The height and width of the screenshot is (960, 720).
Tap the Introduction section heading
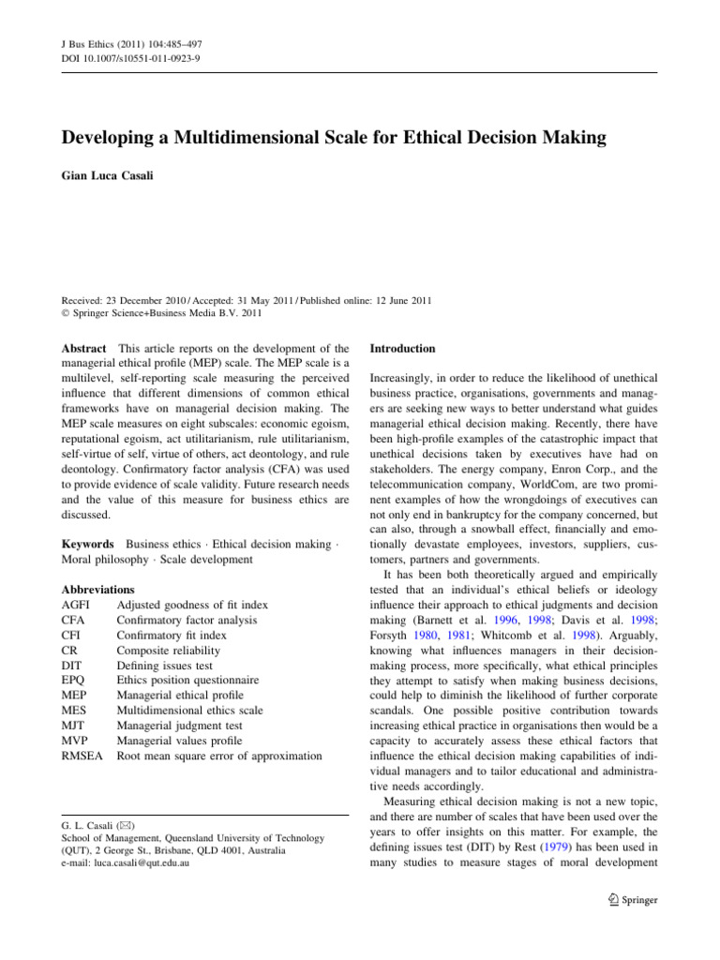[402, 349]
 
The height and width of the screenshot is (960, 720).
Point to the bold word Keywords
[88, 544]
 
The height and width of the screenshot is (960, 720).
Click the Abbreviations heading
[97, 590]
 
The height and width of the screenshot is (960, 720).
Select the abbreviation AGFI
[77, 605]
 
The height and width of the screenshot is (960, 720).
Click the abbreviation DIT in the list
[72, 665]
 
